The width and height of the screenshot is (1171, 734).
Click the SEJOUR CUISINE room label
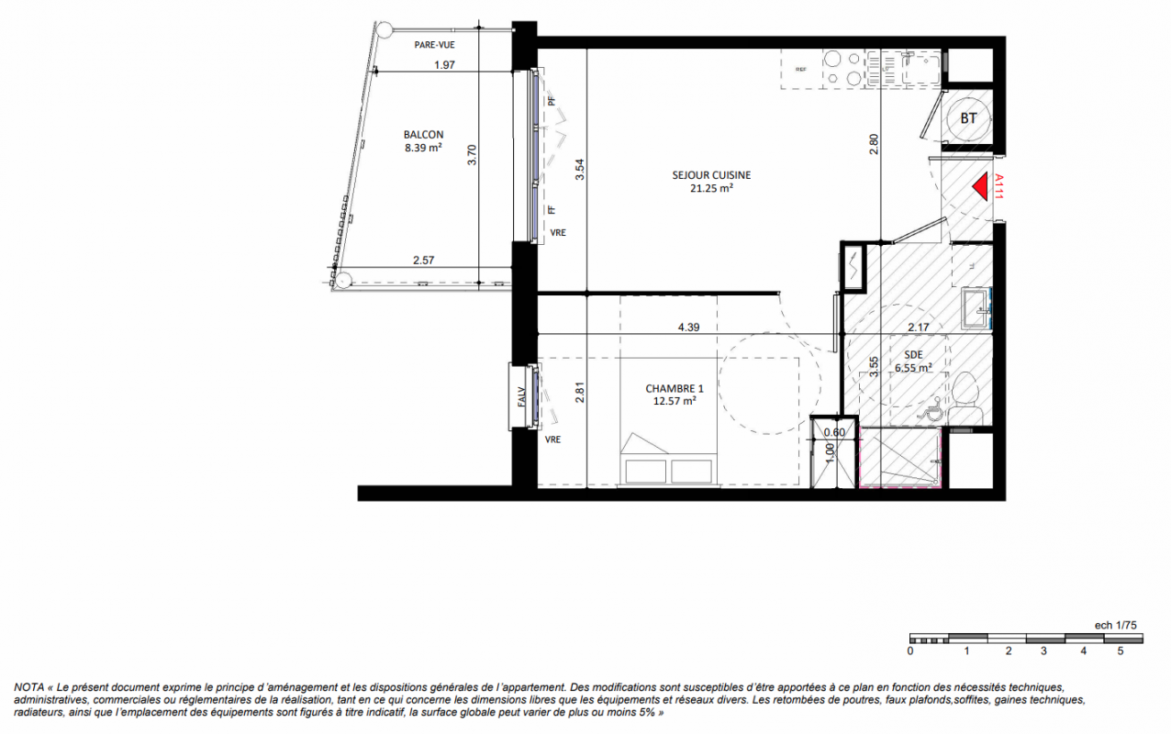711,175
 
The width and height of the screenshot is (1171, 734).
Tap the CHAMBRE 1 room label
675,388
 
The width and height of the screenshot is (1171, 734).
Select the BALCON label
423,135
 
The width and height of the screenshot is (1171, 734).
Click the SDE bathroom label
913,354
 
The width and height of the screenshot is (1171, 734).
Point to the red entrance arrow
980,186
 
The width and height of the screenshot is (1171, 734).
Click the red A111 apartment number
999,186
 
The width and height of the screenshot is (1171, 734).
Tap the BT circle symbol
968,118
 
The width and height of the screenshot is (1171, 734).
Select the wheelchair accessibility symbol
931,409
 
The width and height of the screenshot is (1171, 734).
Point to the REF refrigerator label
801,69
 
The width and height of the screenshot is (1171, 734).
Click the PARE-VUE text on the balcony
434,45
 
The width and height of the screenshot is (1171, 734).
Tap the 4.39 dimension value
688,328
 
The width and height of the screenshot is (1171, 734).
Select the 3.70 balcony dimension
472,155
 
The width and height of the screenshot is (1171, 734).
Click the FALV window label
521,396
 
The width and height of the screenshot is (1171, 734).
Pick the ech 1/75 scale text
1116,625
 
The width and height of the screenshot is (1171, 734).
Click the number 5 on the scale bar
1121,651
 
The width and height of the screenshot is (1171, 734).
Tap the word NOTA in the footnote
29,687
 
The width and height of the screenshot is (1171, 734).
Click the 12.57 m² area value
675,401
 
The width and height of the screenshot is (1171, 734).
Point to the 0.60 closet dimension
834,432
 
